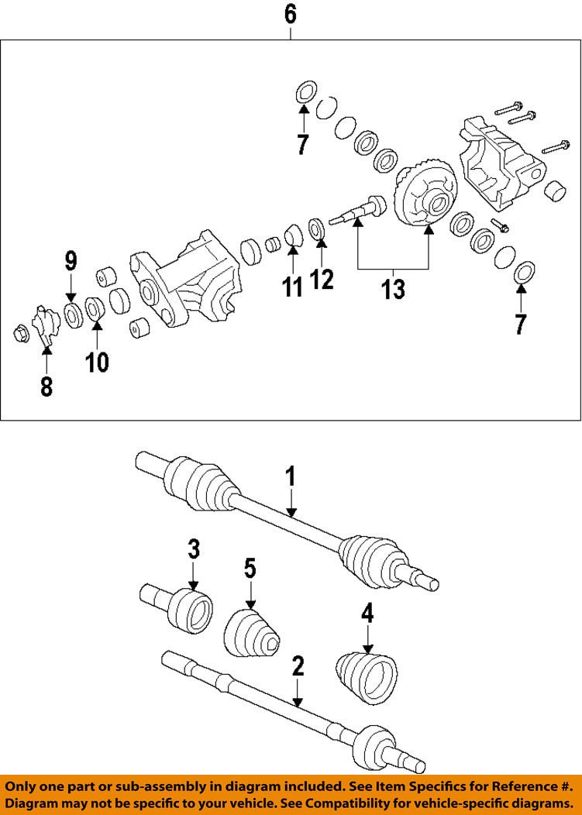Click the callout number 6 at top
point(290,13)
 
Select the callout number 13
point(393,289)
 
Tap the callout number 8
point(46,385)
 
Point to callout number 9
point(71,260)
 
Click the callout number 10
point(97,361)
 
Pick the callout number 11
point(292,287)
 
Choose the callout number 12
point(322,278)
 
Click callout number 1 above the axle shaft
point(291,476)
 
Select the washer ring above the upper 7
point(304,91)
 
